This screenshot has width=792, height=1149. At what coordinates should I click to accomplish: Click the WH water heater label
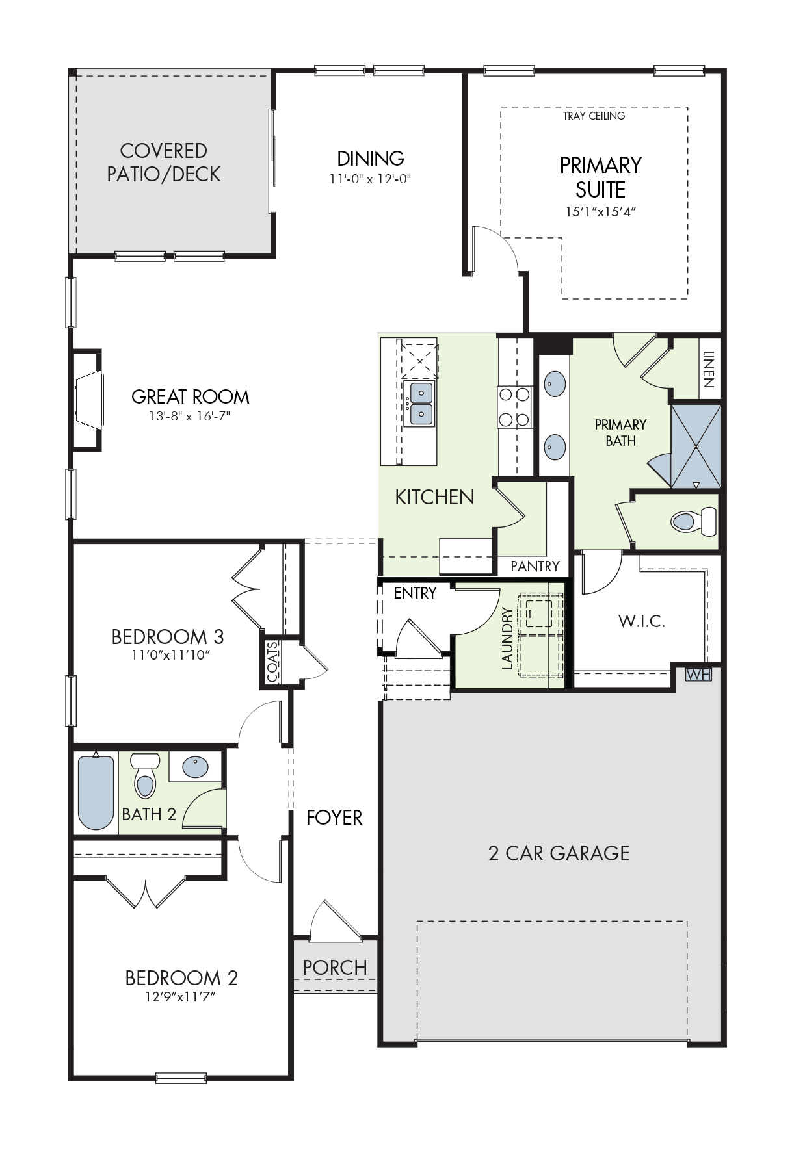tap(698, 675)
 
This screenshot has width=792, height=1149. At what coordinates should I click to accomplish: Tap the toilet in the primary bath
tap(693, 521)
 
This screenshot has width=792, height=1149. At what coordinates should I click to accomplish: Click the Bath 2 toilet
tap(145, 775)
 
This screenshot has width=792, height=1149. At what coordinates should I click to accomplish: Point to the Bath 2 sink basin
tap(195, 767)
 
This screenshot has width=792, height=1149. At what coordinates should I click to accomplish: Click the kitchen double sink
tap(419, 404)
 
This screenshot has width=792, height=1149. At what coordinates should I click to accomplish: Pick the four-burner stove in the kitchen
tap(514, 407)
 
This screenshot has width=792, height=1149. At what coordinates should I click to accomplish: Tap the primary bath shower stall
tap(696, 446)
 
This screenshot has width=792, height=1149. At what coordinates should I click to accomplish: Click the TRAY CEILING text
tap(594, 116)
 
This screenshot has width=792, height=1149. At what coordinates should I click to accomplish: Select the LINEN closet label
tap(709, 369)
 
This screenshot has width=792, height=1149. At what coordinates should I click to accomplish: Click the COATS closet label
tap(273, 662)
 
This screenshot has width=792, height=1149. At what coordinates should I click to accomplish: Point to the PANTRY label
tap(535, 566)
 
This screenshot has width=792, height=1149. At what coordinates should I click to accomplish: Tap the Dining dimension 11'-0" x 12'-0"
tap(371, 179)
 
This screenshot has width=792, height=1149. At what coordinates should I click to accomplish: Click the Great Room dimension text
tap(190, 416)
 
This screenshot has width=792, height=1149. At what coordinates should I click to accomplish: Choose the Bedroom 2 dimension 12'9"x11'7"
tap(180, 996)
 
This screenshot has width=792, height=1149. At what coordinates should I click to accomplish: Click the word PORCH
tap(335, 968)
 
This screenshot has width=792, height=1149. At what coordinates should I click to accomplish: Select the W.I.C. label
tap(642, 621)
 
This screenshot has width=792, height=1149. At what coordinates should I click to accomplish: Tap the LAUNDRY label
tap(507, 638)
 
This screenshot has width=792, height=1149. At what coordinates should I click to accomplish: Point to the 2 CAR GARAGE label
tap(559, 853)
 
